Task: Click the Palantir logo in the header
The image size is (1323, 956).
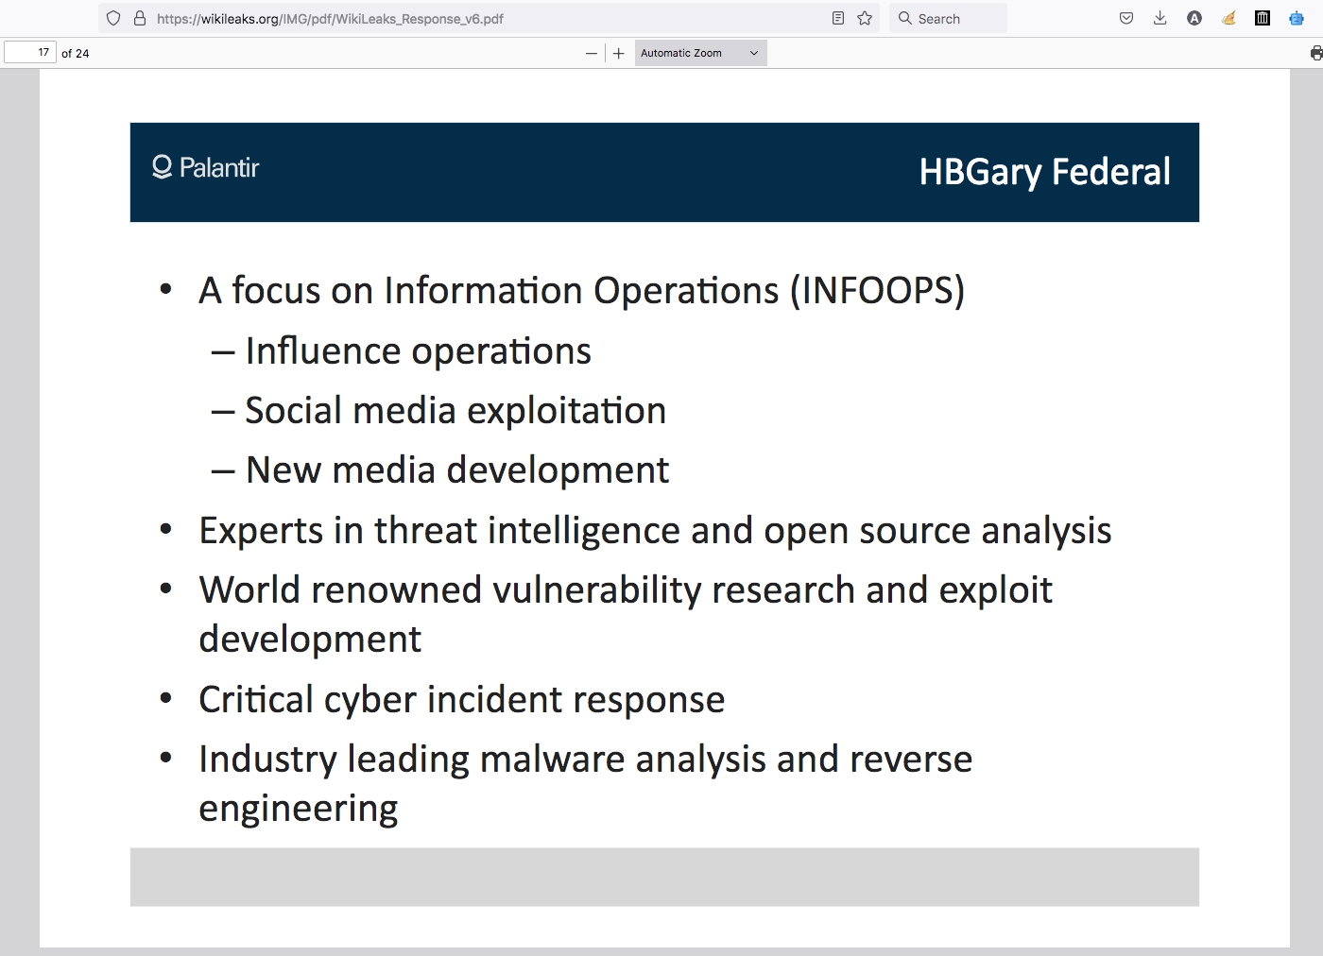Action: [x=206, y=168]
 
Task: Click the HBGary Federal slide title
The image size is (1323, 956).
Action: [x=1044, y=173]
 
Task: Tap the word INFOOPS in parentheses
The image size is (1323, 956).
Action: [x=877, y=291]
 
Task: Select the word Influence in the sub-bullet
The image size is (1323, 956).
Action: [x=322, y=350]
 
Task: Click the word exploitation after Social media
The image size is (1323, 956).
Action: [x=566, y=411]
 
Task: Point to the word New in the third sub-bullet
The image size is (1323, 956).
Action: [x=283, y=470]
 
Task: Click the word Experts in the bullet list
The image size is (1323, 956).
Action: [x=261, y=531]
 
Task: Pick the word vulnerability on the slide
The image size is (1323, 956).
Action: [x=596, y=589]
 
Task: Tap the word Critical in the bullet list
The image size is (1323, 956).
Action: [x=256, y=699]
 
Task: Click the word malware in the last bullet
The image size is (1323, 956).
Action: [x=552, y=759]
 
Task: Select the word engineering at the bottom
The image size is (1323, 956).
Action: [x=299, y=809]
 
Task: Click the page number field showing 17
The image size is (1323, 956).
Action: [x=30, y=53]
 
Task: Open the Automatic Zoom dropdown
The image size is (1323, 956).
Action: [x=700, y=53]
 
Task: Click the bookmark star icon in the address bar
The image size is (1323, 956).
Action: [x=865, y=18]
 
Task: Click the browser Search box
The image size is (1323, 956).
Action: [x=948, y=18]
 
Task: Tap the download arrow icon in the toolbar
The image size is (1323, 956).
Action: [x=1160, y=18]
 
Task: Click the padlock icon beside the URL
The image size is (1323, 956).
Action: [x=140, y=18]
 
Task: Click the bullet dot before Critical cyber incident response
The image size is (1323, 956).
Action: [x=166, y=698]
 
